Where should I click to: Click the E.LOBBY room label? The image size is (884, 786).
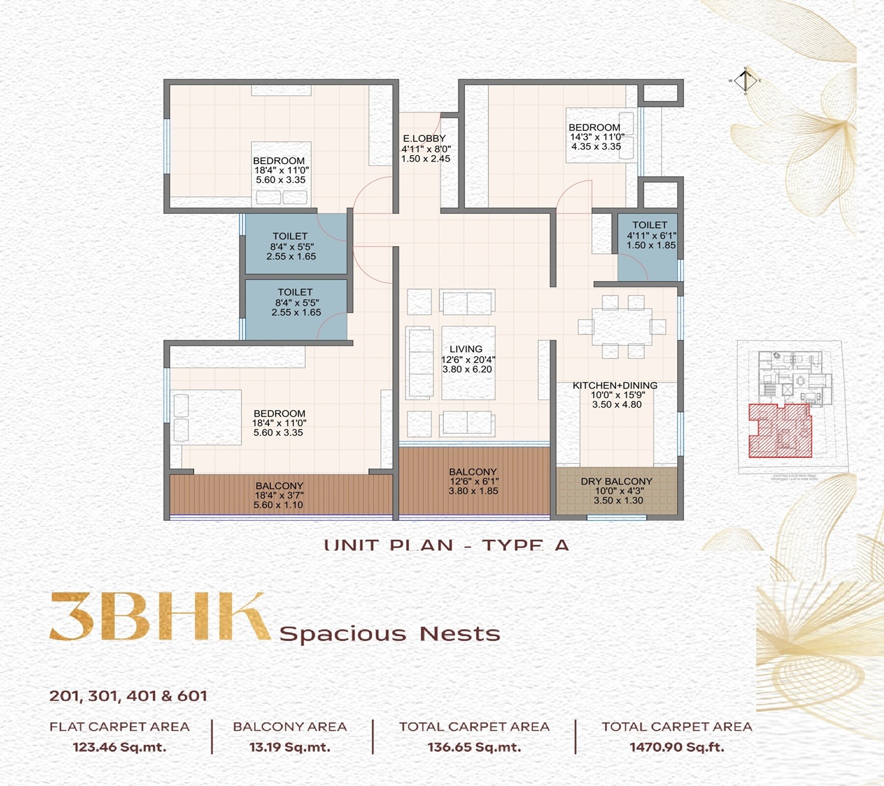tap(425, 139)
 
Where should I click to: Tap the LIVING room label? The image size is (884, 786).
tap(466, 349)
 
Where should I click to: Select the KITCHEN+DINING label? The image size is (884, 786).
tap(615, 386)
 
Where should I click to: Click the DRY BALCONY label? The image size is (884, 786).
tap(616, 481)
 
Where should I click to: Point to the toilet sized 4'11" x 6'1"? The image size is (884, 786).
tap(650, 235)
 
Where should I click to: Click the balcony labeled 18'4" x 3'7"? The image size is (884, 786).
tap(279, 495)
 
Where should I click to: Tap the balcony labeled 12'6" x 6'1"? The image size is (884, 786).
tap(473, 481)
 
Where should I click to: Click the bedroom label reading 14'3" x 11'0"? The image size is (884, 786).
tap(596, 137)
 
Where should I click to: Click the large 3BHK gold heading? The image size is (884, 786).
tap(160, 617)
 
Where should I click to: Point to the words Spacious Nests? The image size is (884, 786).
tap(389, 634)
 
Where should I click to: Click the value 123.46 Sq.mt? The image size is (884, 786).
tap(119, 747)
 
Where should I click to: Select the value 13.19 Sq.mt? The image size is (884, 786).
tap(290, 747)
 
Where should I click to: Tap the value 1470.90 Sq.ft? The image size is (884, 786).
tap(677, 747)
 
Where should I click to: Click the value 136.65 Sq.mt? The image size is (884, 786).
tap(474, 747)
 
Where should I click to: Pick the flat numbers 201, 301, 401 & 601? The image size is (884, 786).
tap(128, 696)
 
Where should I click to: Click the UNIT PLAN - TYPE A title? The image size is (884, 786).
tap(446, 545)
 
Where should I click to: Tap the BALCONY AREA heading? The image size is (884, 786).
tap(290, 727)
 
